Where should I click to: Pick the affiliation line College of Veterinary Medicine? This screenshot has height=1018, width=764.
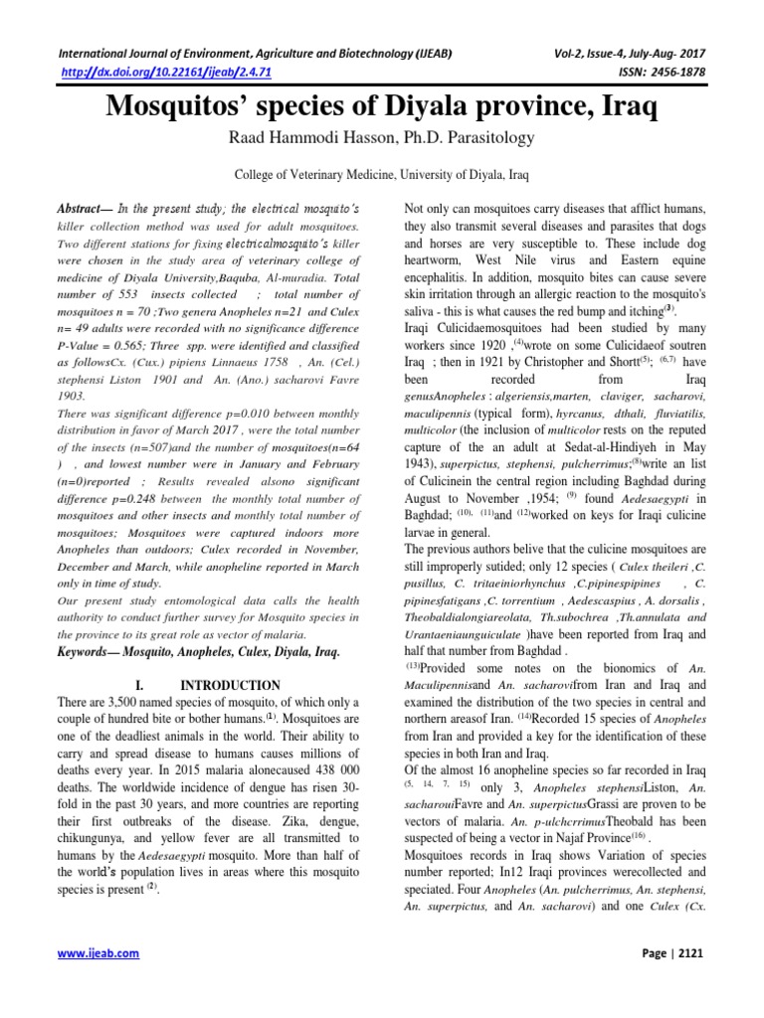(381, 174)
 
